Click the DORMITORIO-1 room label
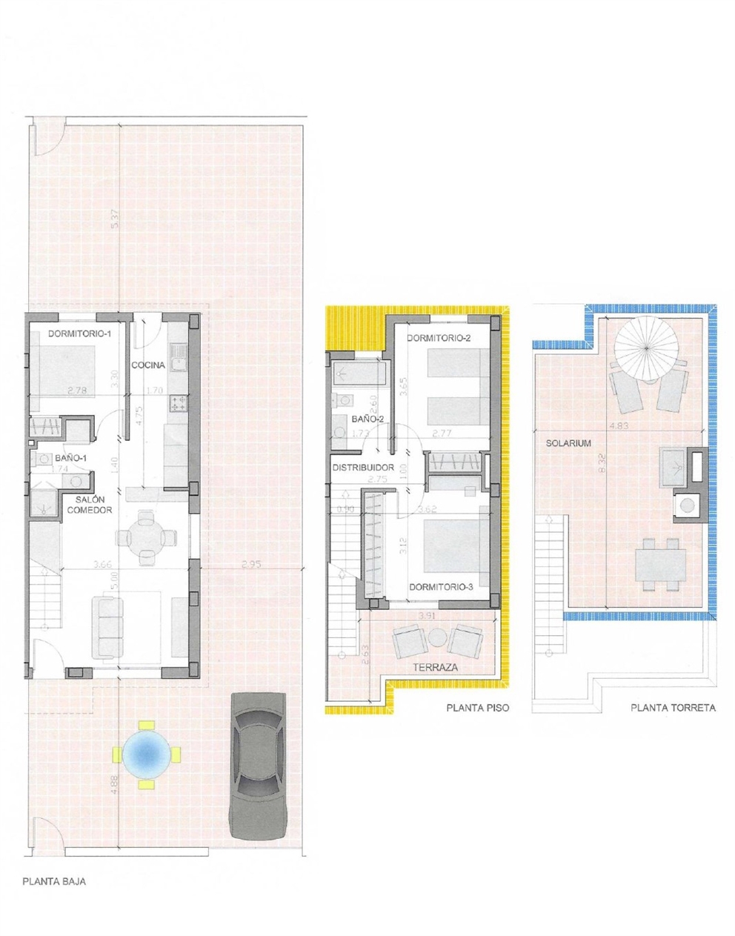point(79,333)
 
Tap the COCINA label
point(148,365)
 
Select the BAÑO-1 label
point(70,458)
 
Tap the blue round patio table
point(147,753)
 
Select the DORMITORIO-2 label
point(439,338)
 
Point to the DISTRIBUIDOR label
point(363,468)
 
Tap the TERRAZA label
point(435,667)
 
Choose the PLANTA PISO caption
point(477,708)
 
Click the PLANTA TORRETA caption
point(673,708)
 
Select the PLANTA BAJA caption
point(54,882)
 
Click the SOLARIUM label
point(568,443)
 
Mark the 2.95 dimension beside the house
point(251,565)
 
